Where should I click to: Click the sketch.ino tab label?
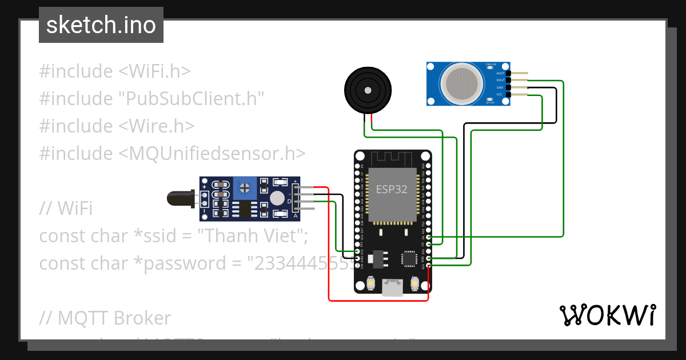[101, 25]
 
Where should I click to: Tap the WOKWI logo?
[607, 315]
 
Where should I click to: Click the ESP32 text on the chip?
[392, 189]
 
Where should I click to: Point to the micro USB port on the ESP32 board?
[392, 288]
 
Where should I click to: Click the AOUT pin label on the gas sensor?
[500, 73]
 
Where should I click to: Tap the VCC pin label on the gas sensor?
[499, 94]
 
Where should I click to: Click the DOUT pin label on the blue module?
[500, 81]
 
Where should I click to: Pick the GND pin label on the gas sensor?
[500, 87]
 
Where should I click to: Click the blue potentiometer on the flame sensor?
[245, 187]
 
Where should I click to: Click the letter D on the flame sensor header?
[289, 201]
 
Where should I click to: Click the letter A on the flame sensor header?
[295, 216]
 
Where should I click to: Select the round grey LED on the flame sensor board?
[277, 198]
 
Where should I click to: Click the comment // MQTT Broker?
[105, 318]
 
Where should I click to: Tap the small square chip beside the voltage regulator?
[409, 258]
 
